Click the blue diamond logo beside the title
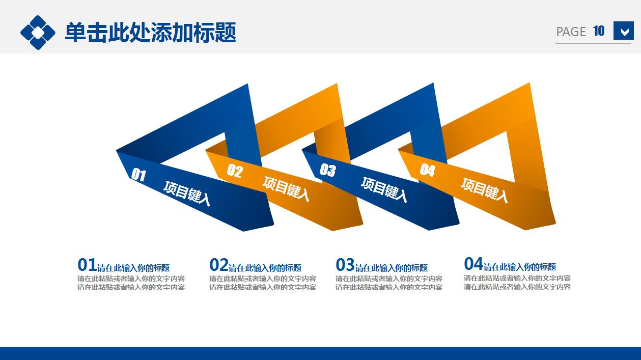[38, 33]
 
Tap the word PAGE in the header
[571, 32]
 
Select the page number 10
[599, 31]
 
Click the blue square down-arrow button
[623, 31]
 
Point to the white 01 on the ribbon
[138, 175]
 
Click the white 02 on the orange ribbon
[235, 171]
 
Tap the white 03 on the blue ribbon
[327, 170]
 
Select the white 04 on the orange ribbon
[427, 171]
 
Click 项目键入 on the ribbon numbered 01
[187, 193]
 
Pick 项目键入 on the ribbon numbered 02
[286, 188]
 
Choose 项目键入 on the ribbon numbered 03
[384, 189]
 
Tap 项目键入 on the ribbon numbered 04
[484, 189]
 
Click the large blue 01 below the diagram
[87, 265]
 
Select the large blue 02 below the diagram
[218, 265]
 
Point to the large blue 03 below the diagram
[345, 265]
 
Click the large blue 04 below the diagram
[473, 264]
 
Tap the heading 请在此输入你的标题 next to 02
[265, 268]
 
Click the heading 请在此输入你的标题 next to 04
[519, 267]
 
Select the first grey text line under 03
[388, 279]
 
